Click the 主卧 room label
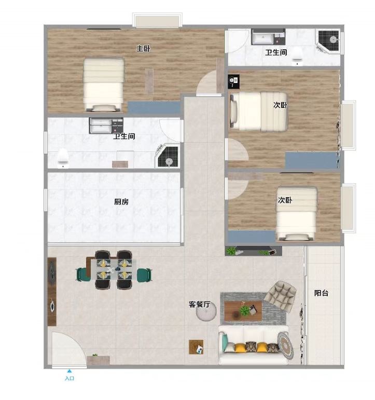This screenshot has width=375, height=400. point(143,48)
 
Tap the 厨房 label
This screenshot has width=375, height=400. point(121,202)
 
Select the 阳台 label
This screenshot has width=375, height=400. point(321,293)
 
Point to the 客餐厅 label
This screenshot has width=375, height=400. point(200,304)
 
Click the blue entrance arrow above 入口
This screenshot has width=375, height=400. point(69,371)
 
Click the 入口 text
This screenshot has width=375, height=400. point(70,378)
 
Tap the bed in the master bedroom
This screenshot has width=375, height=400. point(104,85)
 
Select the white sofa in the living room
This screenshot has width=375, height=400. point(253,344)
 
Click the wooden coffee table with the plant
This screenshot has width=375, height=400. point(243,311)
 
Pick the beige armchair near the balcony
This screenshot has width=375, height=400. point(280,296)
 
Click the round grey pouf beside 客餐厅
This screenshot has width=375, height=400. point(206,312)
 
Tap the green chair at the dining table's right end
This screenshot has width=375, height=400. point(144,275)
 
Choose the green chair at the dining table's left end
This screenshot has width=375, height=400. point(82,274)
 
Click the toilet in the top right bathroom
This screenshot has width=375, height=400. point(297,56)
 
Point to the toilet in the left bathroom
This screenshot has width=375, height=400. point(63,158)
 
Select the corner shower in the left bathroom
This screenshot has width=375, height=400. point(168,156)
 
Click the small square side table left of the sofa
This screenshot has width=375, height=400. point(196,347)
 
